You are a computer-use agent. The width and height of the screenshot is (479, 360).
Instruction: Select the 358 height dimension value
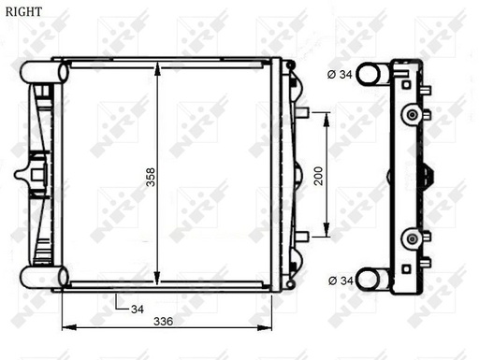(150, 177)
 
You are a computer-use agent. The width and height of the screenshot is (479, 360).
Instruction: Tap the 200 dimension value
(318, 176)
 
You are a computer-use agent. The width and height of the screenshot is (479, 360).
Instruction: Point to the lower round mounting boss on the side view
(410, 239)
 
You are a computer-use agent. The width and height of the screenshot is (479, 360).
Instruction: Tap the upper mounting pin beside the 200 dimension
(301, 112)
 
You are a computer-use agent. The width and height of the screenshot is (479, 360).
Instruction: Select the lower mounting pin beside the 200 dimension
(301, 236)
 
